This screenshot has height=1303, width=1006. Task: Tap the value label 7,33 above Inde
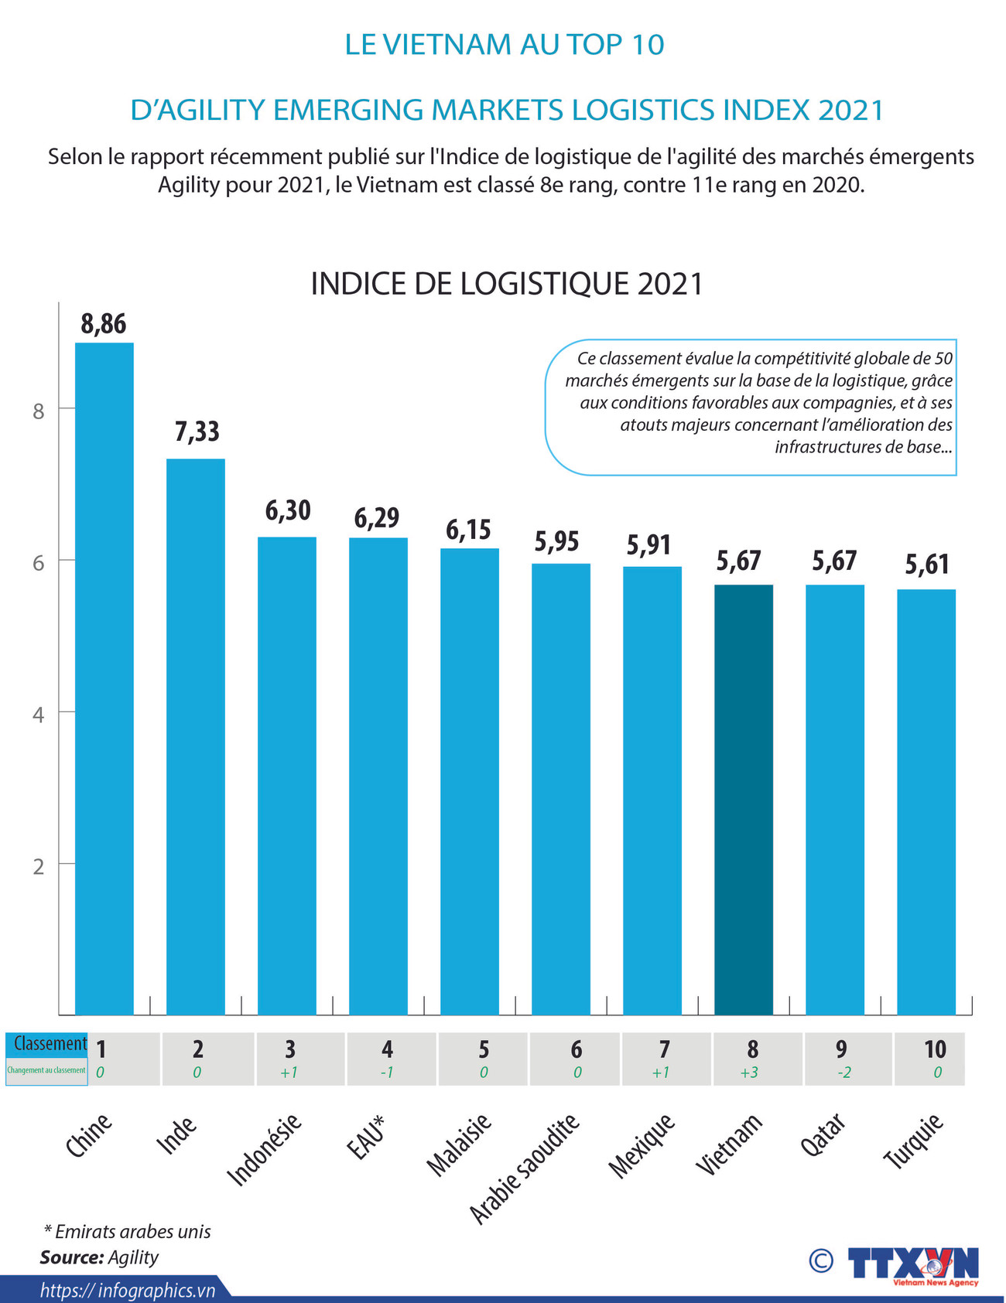[x=197, y=431]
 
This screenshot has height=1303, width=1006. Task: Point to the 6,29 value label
[x=377, y=518]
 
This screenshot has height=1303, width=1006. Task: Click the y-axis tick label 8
[x=39, y=411]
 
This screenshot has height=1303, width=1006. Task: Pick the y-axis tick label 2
[x=39, y=866]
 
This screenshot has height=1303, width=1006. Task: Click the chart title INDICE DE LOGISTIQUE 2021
[x=507, y=284]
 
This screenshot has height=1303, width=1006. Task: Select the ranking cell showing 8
[x=752, y=1049]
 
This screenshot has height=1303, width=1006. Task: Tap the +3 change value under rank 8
[x=749, y=1073]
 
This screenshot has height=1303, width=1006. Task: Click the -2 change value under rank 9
[x=843, y=1073]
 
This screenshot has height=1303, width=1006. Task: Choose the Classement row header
[x=50, y=1044]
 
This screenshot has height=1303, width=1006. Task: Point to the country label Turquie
[x=914, y=1141]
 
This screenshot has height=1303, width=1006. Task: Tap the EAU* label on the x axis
[x=365, y=1137]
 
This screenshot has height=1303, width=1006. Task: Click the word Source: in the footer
[x=71, y=1257]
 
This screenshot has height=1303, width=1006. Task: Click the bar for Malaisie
[x=469, y=781]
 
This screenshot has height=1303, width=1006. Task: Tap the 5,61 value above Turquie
[x=927, y=565]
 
